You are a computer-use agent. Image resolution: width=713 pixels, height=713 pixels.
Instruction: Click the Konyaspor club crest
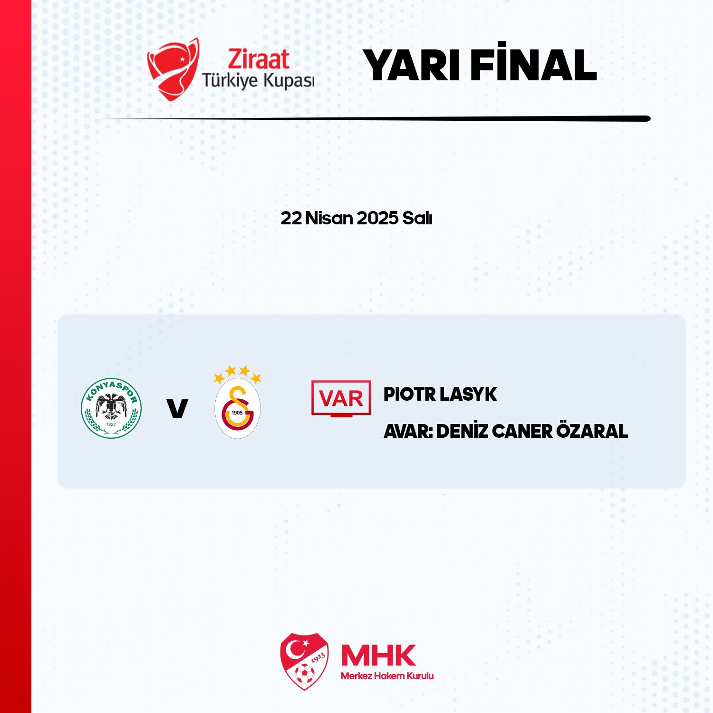click(x=111, y=408)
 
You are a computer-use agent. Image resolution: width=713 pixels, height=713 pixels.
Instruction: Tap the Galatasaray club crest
click(x=237, y=402)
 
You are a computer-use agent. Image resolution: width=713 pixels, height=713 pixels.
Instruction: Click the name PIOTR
click(x=409, y=394)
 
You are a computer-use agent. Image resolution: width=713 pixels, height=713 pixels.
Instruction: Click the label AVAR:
click(x=408, y=431)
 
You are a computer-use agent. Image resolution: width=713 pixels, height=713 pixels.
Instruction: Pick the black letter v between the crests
click(x=177, y=408)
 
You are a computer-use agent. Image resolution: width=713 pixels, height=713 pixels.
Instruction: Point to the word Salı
click(x=417, y=218)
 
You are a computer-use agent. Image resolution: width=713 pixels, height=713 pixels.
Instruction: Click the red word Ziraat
click(x=258, y=59)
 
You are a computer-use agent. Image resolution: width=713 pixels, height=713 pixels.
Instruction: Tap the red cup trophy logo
click(x=173, y=69)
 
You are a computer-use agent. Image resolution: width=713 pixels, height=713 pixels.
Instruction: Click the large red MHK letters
click(x=378, y=655)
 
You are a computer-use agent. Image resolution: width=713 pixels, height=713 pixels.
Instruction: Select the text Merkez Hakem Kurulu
click(x=387, y=676)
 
